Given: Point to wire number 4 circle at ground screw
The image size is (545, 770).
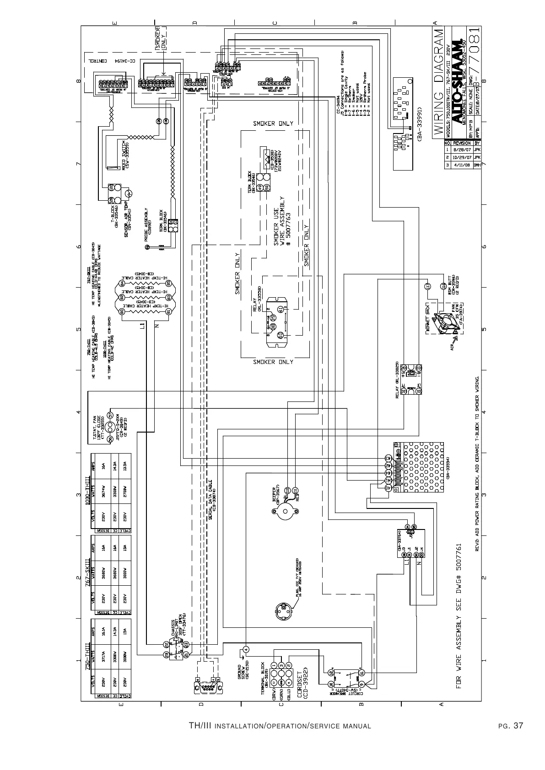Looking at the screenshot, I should pyautogui.click(x=246, y=649).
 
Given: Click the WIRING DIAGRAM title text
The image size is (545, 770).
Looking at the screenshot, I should pyautogui.click(x=438, y=82).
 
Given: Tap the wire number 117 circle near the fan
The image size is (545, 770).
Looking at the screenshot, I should pyautogui.click(x=428, y=286).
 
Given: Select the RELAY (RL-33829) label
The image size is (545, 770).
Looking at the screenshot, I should pyautogui.click(x=398, y=380).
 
